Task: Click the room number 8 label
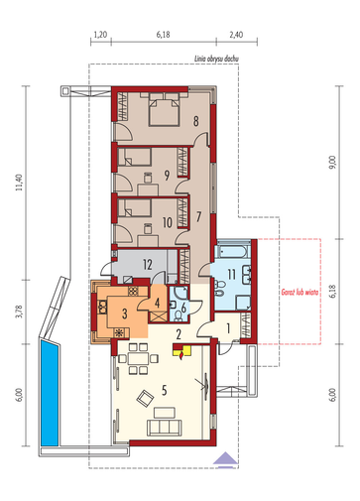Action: click(x=196, y=121)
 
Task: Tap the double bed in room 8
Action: click(x=164, y=109)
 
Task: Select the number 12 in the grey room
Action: click(x=148, y=265)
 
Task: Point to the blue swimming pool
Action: click(x=50, y=393)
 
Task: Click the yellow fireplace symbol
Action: click(x=181, y=351)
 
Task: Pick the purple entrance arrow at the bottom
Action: click(x=225, y=459)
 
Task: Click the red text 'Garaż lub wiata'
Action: click(x=300, y=292)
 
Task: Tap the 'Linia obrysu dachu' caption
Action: click(x=216, y=59)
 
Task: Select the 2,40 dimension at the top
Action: click(x=236, y=35)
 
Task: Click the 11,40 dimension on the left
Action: click(x=20, y=183)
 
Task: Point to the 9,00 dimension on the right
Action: click(x=332, y=163)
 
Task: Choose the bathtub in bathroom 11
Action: click(x=231, y=252)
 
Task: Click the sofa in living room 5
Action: click(x=165, y=428)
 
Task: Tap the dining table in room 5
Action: click(x=138, y=358)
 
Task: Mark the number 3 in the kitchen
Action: click(x=124, y=313)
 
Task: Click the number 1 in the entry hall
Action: click(x=228, y=328)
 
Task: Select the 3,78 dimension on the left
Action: click(x=20, y=312)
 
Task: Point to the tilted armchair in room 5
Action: click(x=145, y=398)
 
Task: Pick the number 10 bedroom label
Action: click(x=168, y=222)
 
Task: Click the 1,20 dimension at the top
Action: click(x=100, y=35)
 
